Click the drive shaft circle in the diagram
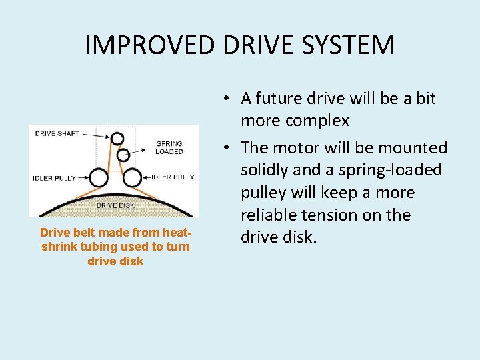click(x=117, y=139)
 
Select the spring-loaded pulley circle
click(x=123, y=155)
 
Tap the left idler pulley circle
click(x=99, y=178)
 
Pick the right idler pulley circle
click(x=133, y=178)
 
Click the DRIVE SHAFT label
click(x=57, y=133)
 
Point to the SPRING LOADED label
click(x=169, y=147)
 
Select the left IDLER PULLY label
click(x=54, y=178)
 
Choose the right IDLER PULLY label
click(x=173, y=177)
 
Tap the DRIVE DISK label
click(x=116, y=205)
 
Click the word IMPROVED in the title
click(x=151, y=45)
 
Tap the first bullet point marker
click(x=227, y=99)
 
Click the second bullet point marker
click(x=227, y=148)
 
